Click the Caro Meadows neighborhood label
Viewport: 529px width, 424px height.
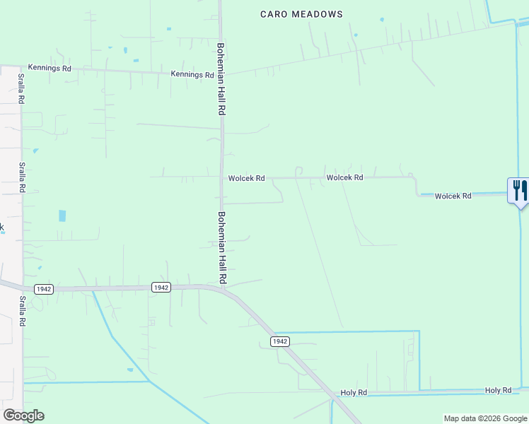301,14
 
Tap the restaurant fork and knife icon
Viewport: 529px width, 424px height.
518,190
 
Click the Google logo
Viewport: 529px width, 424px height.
23,416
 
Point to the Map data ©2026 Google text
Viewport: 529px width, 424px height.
484,418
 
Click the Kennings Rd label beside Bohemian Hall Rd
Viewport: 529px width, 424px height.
192,75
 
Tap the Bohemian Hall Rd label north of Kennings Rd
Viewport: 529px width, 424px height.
221,79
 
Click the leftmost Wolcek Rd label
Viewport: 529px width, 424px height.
246,179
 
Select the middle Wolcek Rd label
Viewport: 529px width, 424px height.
344,177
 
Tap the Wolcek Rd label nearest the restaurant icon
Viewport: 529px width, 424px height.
453,196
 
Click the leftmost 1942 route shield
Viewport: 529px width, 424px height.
43,289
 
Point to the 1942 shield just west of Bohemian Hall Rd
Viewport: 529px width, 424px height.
161,287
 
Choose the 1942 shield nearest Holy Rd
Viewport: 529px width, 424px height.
279,341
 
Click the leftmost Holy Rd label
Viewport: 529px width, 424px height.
354,392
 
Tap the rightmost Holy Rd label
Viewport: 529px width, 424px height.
498,390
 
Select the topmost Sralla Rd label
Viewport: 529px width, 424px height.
22,88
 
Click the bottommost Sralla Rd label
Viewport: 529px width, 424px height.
23,311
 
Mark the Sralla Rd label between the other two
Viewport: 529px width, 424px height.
23,177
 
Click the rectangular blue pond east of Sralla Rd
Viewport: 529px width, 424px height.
62,216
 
